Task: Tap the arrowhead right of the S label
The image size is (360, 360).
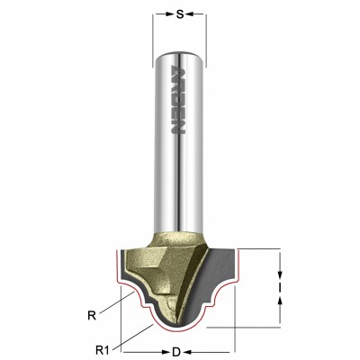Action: point(200,15)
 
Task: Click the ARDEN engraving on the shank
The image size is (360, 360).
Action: point(178,98)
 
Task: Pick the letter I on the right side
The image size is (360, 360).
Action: point(282,288)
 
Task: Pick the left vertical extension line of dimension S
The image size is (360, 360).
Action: point(153,36)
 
